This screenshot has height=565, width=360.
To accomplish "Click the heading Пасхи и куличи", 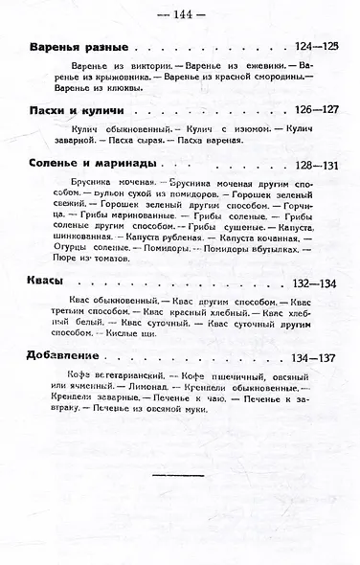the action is [x=74, y=110].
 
